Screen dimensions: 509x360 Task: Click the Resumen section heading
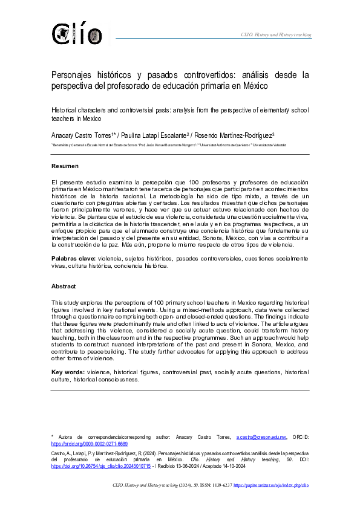(x=65, y=166)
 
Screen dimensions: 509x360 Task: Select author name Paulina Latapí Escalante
(x=154, y=135)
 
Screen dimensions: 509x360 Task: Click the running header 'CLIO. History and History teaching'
(x=276, y=35)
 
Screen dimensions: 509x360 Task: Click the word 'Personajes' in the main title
(x=76, y=76)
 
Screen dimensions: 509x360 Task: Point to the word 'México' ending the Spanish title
(x=255, y=86)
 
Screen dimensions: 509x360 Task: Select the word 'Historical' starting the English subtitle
(x=66, y=111)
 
